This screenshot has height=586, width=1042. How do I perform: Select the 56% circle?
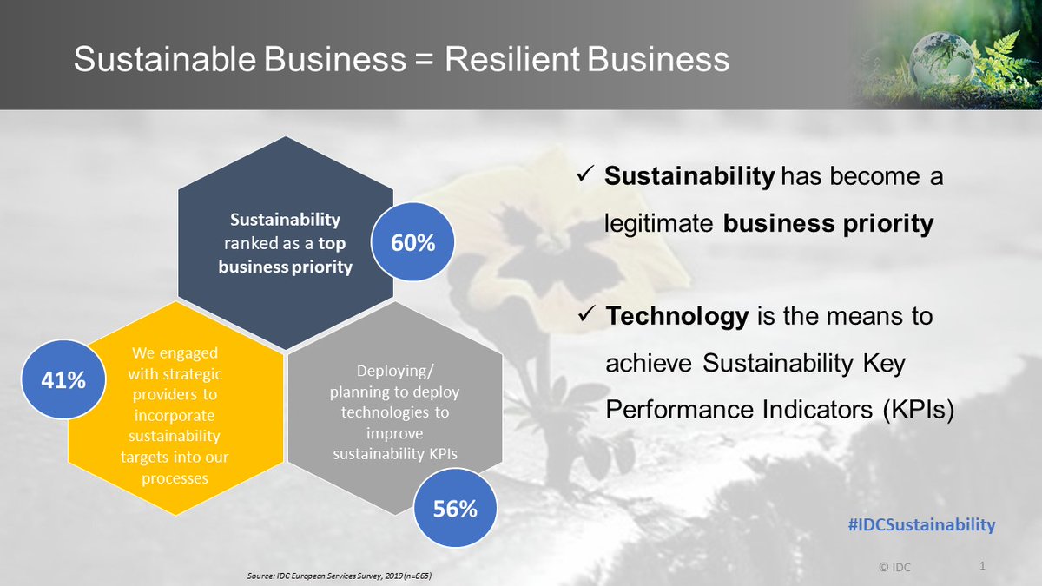click(455, 509)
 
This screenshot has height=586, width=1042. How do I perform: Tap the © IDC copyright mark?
click(894, 567)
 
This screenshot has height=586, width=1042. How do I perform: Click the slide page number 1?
click(982, 566)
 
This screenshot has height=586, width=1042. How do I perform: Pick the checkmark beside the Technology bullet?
click(585, 317)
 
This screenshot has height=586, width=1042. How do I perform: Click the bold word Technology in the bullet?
click(676, 317)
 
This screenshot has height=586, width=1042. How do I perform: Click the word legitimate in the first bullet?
click(660, 223)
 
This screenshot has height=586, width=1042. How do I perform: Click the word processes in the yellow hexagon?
click(176, 477)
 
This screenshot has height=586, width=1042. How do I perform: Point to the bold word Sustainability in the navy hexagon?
click(285, 220)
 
